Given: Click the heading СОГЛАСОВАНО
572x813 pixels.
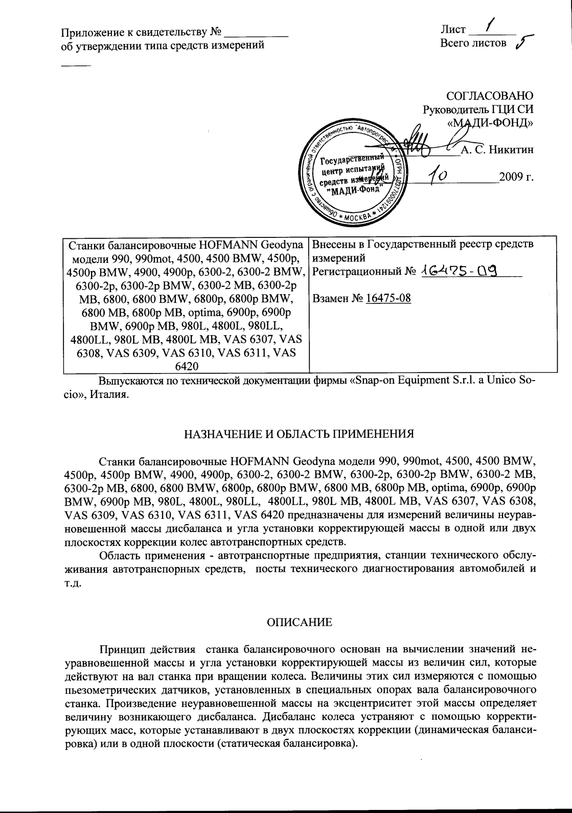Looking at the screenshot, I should click(x=490, y=96).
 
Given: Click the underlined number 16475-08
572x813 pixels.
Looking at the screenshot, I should click(x=388, y=298).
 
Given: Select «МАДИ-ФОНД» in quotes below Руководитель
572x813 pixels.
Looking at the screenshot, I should click(x=490, y=123).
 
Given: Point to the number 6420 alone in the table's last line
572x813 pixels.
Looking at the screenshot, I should click(x=187, y=366).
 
